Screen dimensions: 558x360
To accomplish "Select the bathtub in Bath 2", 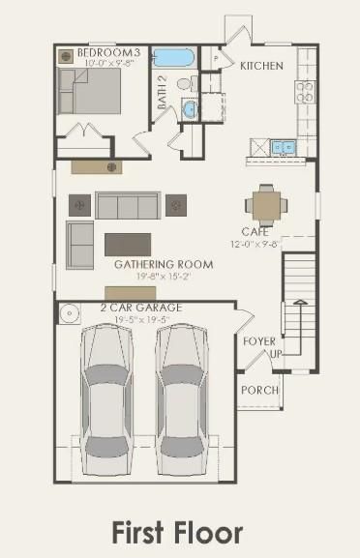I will [174, 57].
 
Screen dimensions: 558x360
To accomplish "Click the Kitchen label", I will [261, 66].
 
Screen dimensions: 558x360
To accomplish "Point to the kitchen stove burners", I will [305, 92].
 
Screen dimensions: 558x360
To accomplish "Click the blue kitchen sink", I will [284, 147].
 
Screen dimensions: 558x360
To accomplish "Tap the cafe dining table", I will [264, 204].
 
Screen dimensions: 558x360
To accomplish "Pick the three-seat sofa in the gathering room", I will [128, 205].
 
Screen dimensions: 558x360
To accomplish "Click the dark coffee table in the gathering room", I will [128, 241].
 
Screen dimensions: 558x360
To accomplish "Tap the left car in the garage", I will [110, 391].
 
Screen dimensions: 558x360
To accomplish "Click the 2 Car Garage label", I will [141, 308].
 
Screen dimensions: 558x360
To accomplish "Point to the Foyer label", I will [258, 341].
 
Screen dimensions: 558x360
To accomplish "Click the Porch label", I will [260, 390].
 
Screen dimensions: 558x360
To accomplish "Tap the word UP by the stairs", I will [275, 355].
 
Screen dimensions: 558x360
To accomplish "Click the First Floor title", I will [177, 532].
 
